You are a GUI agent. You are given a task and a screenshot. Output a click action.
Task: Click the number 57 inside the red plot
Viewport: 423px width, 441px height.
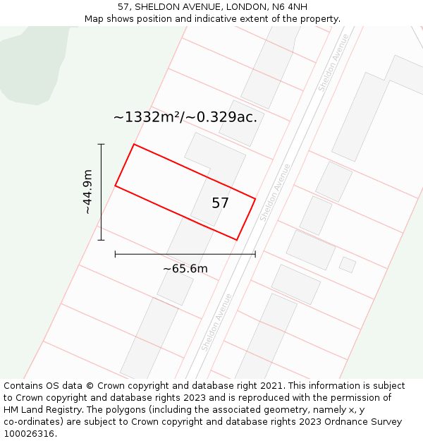[220, 203]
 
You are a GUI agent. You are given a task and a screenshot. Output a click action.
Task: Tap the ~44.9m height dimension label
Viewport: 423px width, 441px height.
[87, 192]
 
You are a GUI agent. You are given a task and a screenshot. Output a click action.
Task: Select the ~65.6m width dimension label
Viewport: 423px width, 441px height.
[185, 269]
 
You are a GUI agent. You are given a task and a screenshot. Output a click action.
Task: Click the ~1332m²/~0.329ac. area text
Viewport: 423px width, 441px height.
[185, 117]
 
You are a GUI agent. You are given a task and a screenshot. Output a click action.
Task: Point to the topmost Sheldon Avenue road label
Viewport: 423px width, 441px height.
[333, 72]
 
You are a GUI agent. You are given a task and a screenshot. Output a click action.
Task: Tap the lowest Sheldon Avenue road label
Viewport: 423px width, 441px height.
[216, 322]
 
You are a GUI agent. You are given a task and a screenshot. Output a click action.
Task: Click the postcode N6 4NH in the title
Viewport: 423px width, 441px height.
[288, 7]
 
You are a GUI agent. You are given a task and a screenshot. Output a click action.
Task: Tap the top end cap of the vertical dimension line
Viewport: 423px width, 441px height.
[101, 144]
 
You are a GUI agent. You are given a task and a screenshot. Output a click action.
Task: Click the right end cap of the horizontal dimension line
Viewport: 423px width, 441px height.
[255, 254]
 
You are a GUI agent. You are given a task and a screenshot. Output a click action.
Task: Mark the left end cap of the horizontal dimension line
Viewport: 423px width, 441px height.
[115, 254]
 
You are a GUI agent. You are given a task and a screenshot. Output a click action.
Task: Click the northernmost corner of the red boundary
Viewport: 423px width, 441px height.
[134, 145]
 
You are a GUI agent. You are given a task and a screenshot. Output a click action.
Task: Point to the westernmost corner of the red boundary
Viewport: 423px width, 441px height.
[116, 186]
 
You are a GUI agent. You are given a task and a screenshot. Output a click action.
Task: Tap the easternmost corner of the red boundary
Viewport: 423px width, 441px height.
[255, 199]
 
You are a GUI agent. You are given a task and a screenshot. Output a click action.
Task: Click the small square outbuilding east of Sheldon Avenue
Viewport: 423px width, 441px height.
[348, 265]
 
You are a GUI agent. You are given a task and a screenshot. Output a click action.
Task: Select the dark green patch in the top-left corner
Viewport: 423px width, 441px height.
[28, 67]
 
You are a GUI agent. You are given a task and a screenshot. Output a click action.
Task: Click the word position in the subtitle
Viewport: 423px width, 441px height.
[156, 19]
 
